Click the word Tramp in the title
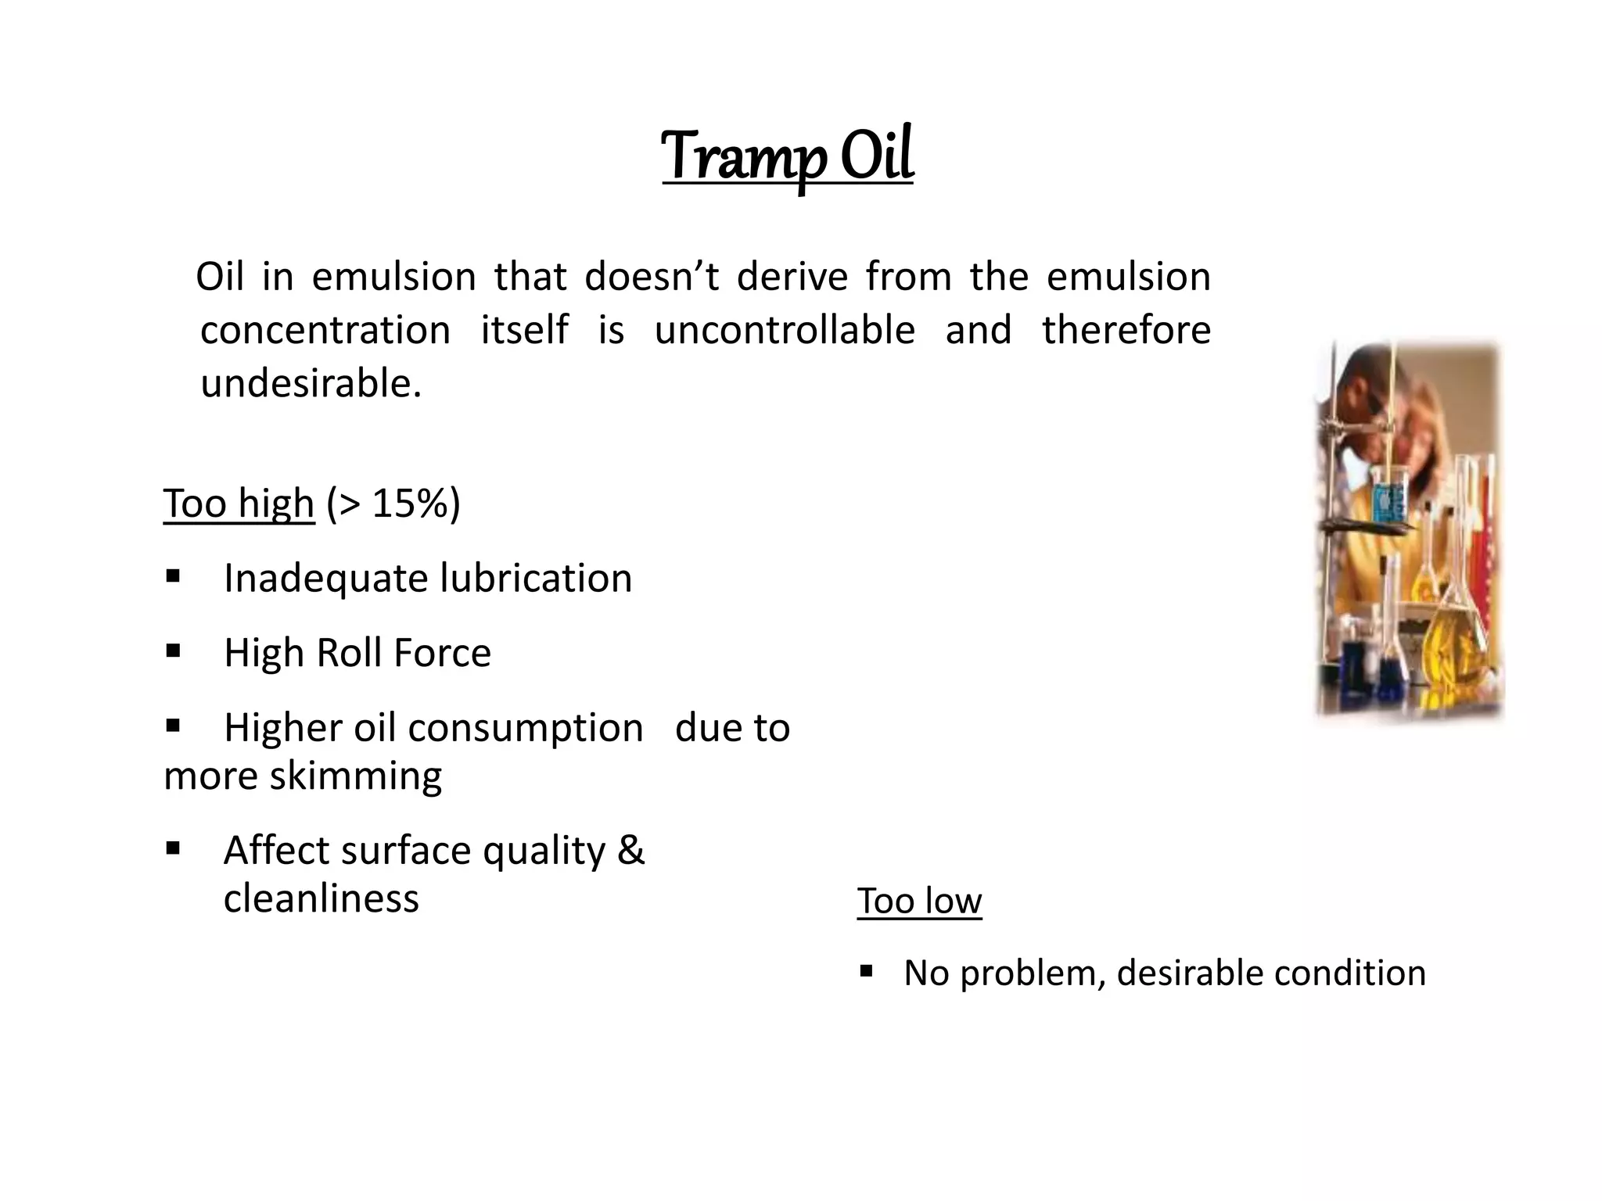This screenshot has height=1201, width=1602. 742,156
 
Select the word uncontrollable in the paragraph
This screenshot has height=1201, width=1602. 785,330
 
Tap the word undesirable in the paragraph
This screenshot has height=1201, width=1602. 311,384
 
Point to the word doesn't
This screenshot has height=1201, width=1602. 651,277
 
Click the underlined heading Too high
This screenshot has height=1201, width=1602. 239,503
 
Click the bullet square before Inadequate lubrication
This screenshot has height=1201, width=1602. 173,577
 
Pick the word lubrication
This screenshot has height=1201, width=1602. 536,579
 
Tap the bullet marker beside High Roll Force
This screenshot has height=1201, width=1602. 173,651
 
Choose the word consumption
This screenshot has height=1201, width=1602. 525,728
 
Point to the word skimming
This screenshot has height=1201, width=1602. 356,776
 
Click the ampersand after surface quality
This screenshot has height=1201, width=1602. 630,850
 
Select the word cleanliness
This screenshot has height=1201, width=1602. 321,898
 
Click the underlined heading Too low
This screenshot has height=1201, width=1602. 919,901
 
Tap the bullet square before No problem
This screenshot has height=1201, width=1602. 865,972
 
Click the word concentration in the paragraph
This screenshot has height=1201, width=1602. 325,330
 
